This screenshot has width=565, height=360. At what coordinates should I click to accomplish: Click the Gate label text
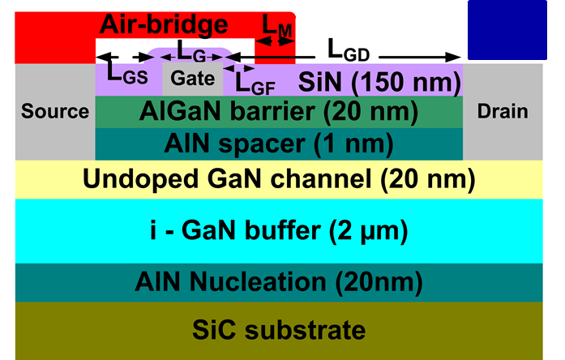click(192, 78)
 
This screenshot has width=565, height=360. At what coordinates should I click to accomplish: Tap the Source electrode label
click(55, 111)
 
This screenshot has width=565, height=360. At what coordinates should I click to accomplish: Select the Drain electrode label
click(503, 111)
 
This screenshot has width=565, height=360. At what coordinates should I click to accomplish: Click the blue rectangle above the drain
click(507, 30)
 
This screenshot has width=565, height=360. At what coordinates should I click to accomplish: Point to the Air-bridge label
click(164, 24)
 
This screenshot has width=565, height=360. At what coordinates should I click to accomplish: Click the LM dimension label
click(276, 26)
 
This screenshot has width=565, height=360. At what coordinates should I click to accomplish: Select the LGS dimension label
click(127, 75)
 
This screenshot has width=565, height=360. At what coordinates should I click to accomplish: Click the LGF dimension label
click(255, 84)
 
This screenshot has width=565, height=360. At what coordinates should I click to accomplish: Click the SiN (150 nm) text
click(379, 82)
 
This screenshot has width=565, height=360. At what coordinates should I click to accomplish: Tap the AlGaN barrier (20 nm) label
click(279, 112)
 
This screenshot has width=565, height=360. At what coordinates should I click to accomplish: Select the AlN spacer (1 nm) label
click(279, 144)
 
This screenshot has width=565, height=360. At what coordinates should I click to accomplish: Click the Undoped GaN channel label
click(279, 179)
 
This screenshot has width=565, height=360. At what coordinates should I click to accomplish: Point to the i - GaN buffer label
click(279, 230)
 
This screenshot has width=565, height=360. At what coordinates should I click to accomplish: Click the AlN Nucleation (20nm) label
click(279, 282)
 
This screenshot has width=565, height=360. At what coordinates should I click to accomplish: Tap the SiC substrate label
click(279, 329)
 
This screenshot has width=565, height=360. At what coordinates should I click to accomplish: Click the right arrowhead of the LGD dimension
click(453, 57)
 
